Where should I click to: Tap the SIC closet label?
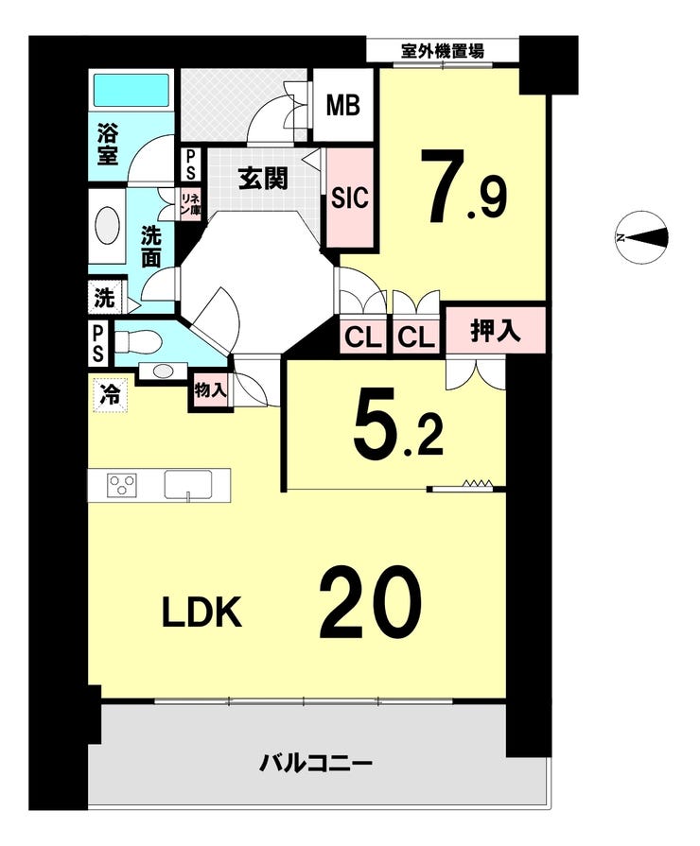coord(349,200)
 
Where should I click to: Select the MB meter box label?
coord(343,105)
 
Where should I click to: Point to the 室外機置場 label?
coord(443,51)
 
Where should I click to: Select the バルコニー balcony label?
coord(317,763)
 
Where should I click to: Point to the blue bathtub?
coord(131,91)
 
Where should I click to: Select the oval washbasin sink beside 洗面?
coord(108,228)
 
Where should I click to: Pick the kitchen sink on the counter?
coord(193,484)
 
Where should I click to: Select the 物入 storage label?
coord(209,388)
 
